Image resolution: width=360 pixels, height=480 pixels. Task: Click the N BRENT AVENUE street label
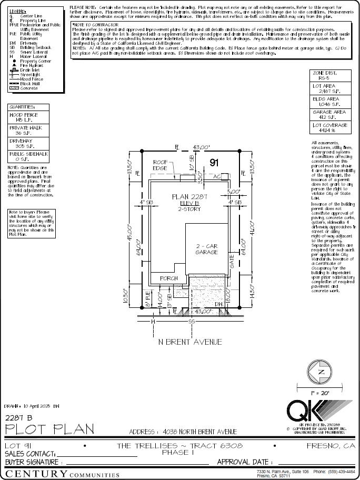tap(190, 342)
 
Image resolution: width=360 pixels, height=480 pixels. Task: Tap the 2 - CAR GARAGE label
tap(207, 249)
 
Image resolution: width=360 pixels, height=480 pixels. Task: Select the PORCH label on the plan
tap(168, 278)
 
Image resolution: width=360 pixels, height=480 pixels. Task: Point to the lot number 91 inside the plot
tap(214, 163)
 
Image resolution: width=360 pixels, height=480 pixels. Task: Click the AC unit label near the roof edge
tap(216, 177)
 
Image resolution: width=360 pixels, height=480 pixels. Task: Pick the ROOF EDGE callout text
tap(161, 165)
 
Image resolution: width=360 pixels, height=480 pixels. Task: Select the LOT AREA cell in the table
tap(330, 88)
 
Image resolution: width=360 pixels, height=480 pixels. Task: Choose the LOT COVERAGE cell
tap(330, 127)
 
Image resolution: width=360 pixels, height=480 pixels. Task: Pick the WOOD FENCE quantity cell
tap(31, 117)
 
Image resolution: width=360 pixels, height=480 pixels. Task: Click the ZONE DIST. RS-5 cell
tap(330, 75)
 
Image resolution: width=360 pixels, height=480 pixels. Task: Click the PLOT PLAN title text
tap(46, 429)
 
